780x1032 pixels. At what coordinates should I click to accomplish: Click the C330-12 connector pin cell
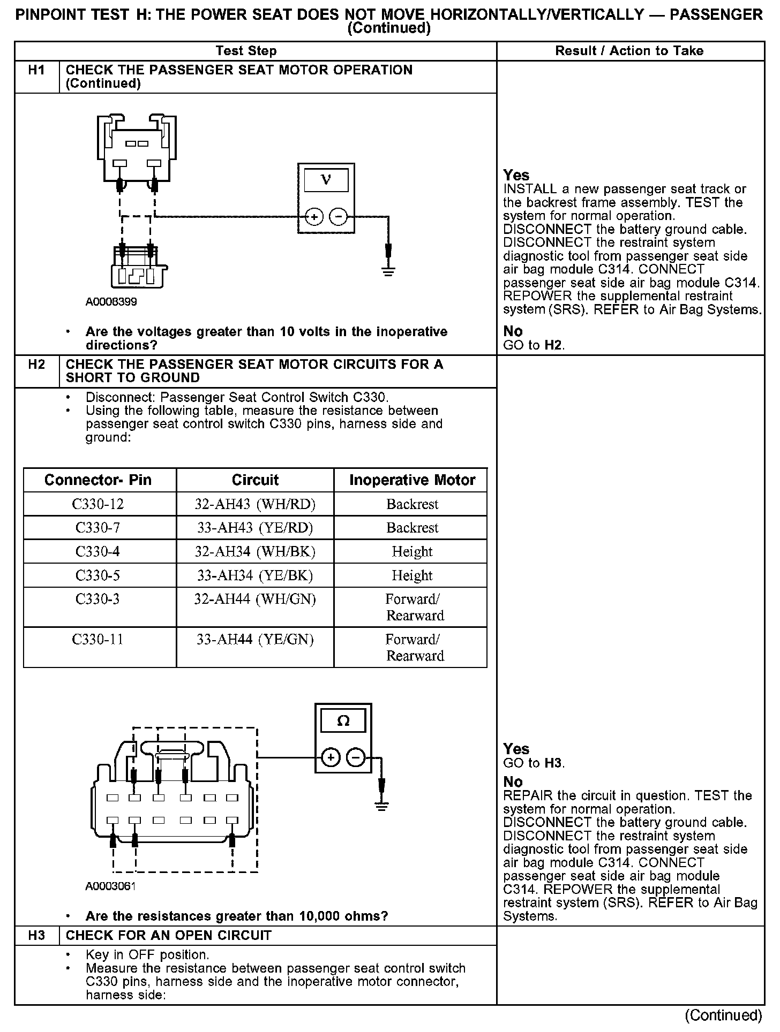tap(97, 504)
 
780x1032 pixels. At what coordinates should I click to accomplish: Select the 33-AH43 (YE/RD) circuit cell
tap(255, 528)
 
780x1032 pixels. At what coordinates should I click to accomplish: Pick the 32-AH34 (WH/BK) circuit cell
tap(255, 551)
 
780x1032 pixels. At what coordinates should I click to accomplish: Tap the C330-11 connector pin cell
tap(97, 640)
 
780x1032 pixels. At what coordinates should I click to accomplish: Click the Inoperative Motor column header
tap(412, 480)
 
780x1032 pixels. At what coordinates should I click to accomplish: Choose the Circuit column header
tap(255, 480)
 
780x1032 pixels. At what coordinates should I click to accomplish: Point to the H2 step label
tap(36, 365)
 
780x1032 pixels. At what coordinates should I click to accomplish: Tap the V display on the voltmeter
tap(326, 180)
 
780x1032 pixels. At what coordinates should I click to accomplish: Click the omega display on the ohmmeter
tap(343, 721)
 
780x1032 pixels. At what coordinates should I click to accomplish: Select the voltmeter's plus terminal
tap(313, 217)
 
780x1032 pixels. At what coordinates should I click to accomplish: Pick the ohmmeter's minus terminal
tap(355, 757)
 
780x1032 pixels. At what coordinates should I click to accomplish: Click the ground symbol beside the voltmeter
tap(388, 270)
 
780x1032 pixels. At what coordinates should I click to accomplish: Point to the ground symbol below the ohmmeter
tap(381, 806)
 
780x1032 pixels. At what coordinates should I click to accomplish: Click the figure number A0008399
tap(111, 302)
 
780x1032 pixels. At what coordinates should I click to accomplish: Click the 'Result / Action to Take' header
tap(629, 51)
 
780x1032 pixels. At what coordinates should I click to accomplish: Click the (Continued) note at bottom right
tap(723, 1015)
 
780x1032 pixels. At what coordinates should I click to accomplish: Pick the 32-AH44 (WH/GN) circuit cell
tap(255, 600)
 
